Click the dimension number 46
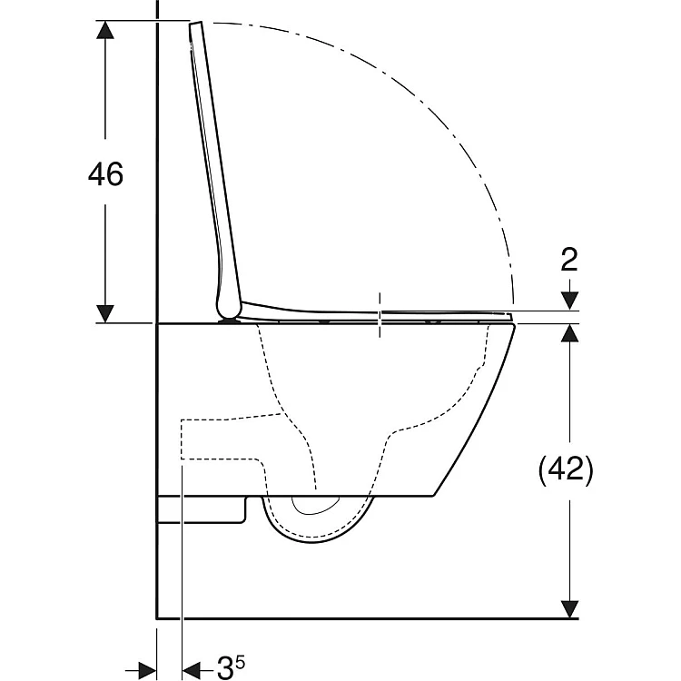click(x=105, y=173)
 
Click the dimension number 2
click(x=569, y=260)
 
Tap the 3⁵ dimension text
click(x=231, y=666)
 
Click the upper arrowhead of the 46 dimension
click(x=105, y=30)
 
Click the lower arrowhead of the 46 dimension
click(x=105, y=313)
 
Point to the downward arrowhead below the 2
click(x=569, y=301)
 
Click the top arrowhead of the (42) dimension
click(x=569, y=333)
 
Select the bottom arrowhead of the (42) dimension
click(x=569, y=609)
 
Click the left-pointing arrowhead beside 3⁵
click(x=192, y=667)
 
